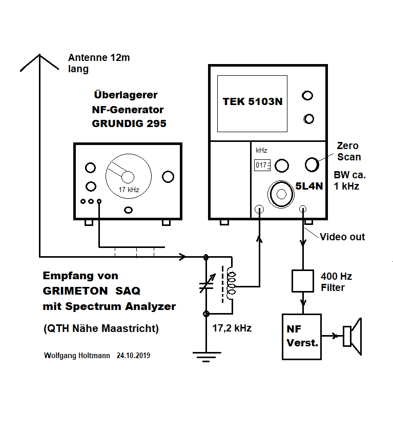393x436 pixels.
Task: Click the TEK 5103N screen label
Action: point(252,101)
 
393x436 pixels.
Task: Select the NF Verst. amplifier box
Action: point(302,337)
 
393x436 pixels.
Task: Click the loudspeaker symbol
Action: point(353,337)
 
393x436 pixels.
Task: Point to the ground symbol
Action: point(206,354)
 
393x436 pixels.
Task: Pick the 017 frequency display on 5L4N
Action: point(262,165)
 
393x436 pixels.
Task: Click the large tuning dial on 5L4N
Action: point(281,193)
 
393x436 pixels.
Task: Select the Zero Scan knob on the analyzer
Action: point(312,164)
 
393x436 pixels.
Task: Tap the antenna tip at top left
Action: point(39,55)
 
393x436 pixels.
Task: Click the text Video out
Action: point(342,237)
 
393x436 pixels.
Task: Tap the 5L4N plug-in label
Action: point(308,186)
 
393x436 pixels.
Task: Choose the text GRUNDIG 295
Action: point(129,123)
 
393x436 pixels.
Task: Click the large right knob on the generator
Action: point(168,177)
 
